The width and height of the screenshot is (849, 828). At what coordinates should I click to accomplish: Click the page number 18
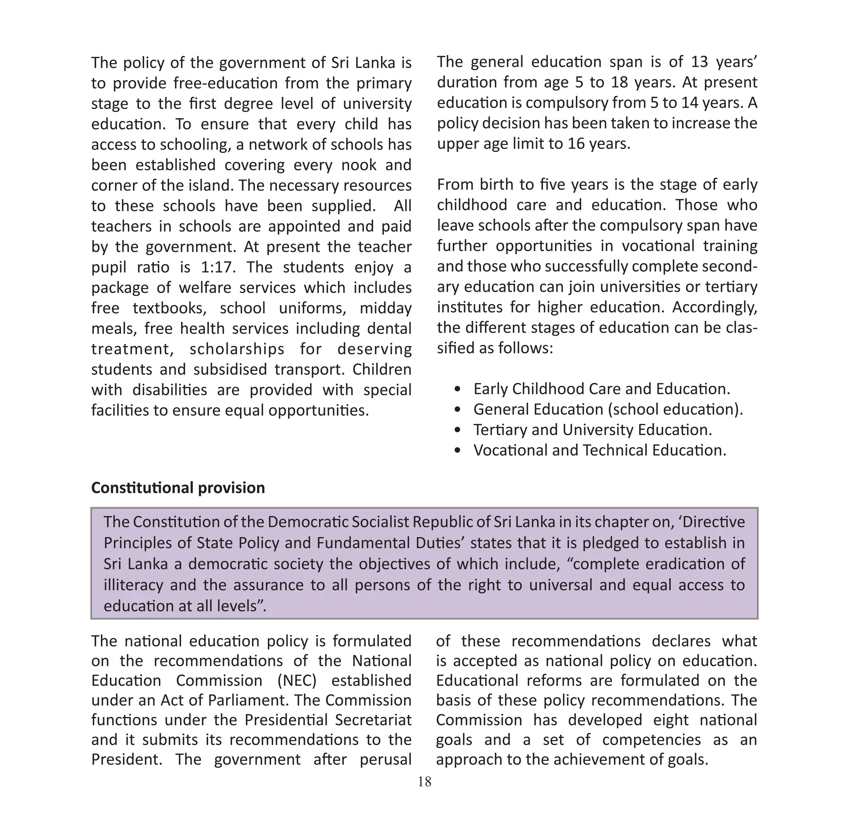[424, 782]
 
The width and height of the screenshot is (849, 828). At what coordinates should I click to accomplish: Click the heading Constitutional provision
[178, 488]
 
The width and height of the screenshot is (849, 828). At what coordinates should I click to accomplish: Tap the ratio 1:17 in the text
[218, 267]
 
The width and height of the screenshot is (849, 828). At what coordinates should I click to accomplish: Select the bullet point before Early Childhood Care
[457, 389]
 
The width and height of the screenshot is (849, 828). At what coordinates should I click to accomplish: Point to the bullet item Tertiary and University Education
[592, 430]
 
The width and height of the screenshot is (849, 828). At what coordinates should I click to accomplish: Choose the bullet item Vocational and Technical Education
[599, 450]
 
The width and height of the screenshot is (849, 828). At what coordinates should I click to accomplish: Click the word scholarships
[237, 349]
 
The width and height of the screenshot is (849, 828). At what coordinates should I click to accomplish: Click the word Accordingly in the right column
[715, 307]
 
